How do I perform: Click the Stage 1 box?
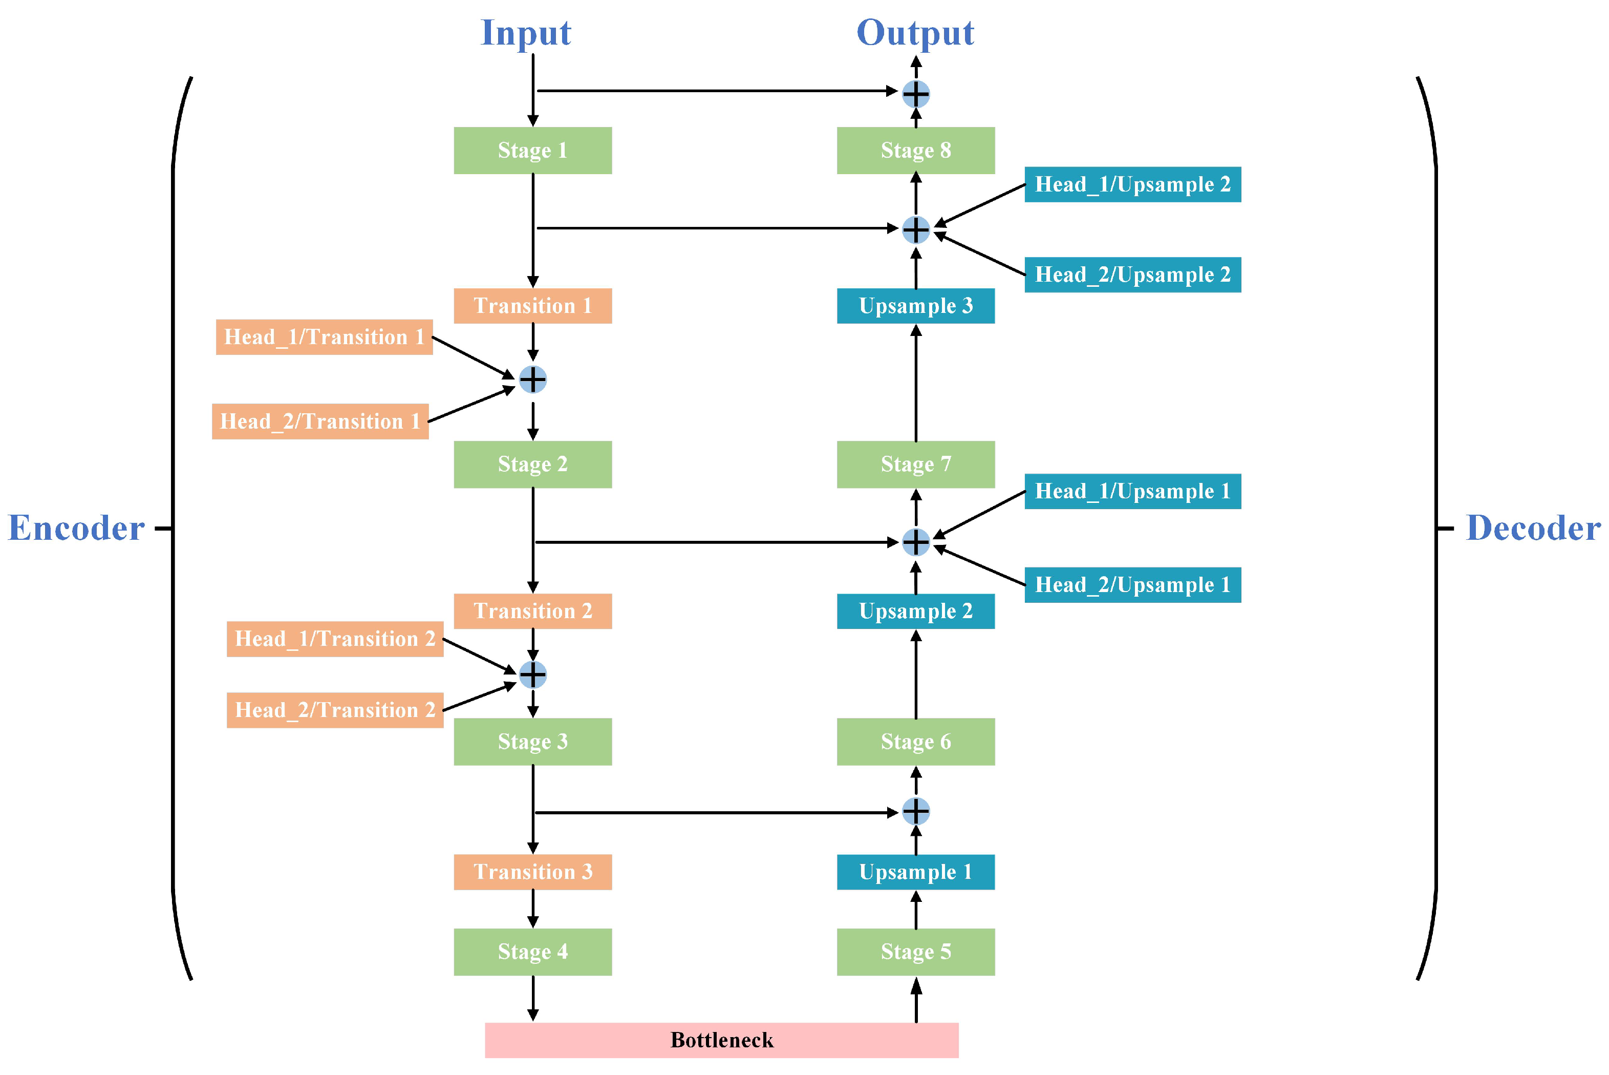(x=532, y=150)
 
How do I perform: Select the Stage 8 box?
(x=915, y=150)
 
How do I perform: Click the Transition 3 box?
(x=532, y=871)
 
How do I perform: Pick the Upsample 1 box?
(x=915, y=871)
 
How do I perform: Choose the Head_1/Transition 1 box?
(x=324, y=336)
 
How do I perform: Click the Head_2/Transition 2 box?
(x=335, y=710)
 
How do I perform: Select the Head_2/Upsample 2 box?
(x=1132, y=274)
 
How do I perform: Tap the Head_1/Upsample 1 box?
(x=1132, y=491)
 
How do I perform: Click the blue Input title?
(x=526, y=32)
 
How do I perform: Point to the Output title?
(x=915, y=32)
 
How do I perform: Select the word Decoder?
(x=1533, y=528)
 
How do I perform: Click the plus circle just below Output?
(x=915, y=94)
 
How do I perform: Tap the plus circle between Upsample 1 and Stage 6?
(x=915, y=811)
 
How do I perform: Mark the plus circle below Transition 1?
(x=532, y=379)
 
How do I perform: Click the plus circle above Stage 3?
(x=532, y=674)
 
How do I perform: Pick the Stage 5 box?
(x=915, y=952)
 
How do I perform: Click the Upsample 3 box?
(x=915, y=306)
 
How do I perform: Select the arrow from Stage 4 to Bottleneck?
(x=532, y=998)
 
